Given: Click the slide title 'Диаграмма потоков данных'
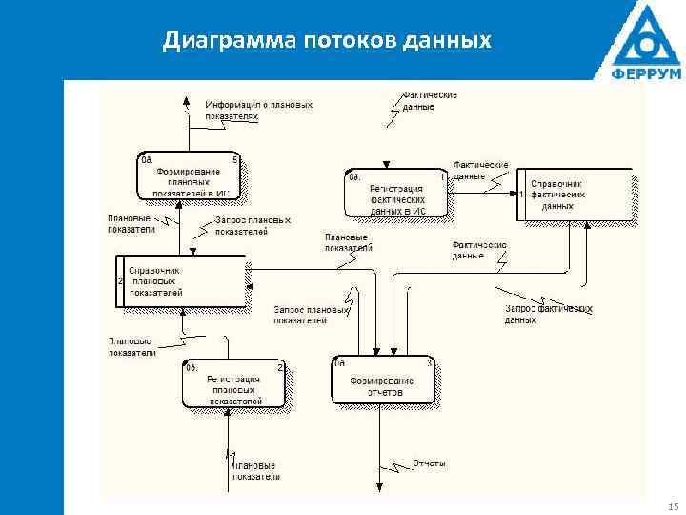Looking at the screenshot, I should [327, 40].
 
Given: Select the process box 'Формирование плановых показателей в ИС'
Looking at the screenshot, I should [188, 176].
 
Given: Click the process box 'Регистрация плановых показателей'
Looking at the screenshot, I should [233, 384].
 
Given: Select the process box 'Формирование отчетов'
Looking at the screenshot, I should [383, 380].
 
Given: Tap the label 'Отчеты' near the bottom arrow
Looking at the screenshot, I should [429, 463].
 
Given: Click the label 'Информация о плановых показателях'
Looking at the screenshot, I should [258, 110].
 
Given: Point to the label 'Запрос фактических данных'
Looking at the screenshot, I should [548, 315].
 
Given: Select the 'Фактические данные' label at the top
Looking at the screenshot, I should [431, 101].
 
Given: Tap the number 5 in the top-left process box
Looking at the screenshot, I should [234, 159].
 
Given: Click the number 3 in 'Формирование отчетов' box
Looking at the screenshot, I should [429, 362].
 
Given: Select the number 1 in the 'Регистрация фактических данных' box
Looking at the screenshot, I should [442, 176].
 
